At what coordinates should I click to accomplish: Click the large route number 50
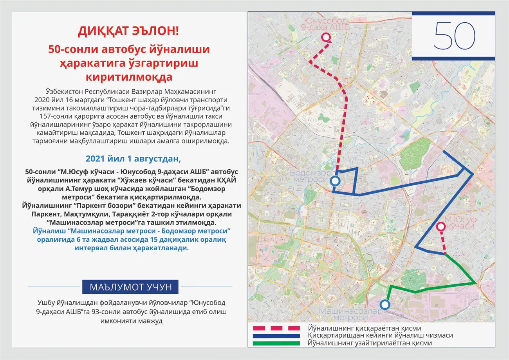click(454, 36)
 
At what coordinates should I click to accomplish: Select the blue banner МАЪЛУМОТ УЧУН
click(131, 287)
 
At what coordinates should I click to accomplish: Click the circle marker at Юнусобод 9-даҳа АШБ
click(326, 38)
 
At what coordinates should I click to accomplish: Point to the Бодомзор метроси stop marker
click(335, 181)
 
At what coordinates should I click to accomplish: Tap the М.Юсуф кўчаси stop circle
click(441, 226)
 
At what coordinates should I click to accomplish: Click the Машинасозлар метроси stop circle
click(385, 305)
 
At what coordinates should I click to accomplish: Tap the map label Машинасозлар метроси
click(350, 314)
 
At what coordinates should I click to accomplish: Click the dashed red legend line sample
click(276, 328)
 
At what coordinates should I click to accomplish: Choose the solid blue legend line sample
click(276, 336)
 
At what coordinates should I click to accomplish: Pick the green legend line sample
click(276, 343)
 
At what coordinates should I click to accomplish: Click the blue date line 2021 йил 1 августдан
click(133, 159)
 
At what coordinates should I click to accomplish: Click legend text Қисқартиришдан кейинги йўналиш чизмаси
click(380, 336)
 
